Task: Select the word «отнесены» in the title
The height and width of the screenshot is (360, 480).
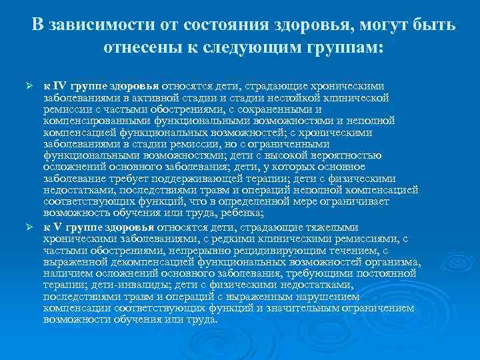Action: tap(145, 48)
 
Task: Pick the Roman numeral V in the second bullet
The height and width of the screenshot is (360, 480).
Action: tap(57, 226)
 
